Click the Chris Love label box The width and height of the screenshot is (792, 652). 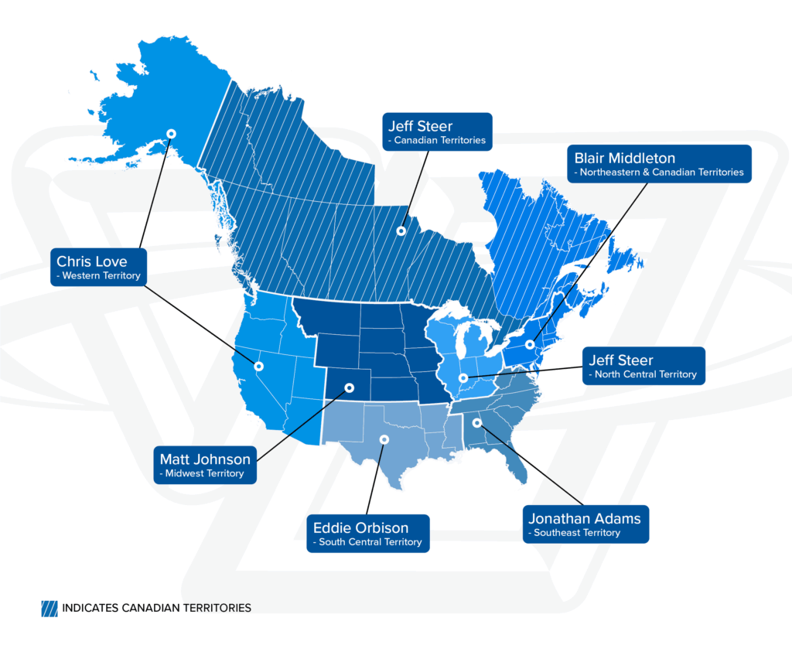[x=98, y=267]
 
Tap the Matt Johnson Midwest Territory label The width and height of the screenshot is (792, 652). [x=207, y=464]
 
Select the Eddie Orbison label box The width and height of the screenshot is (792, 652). [x=368, y=534]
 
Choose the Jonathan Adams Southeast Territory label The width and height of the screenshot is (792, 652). [x=585, y=524]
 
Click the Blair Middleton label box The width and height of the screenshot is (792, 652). [x=659, y=164]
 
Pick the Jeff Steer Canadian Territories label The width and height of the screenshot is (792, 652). [x=438, y=131]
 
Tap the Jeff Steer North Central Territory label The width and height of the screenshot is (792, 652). [x=643, y=366]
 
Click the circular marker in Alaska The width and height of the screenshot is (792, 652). [x=172, y=134]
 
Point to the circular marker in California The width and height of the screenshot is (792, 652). [x=259, y=366]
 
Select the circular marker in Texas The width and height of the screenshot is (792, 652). [x=383, y=439]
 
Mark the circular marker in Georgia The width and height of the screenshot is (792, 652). [x=476, y=422]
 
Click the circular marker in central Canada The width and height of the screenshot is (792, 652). [x=401, y=230]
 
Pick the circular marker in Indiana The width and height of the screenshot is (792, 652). [x=463, y=378]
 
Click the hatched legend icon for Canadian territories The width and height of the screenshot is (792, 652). [x=49, y=608]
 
